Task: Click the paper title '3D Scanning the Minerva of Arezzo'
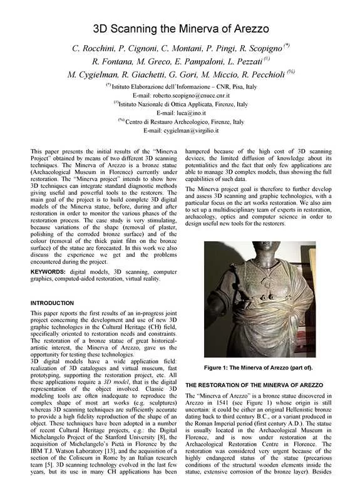[x=180, y=29]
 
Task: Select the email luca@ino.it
[x=180, y=113]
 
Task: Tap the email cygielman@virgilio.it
[x=180, y=131]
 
